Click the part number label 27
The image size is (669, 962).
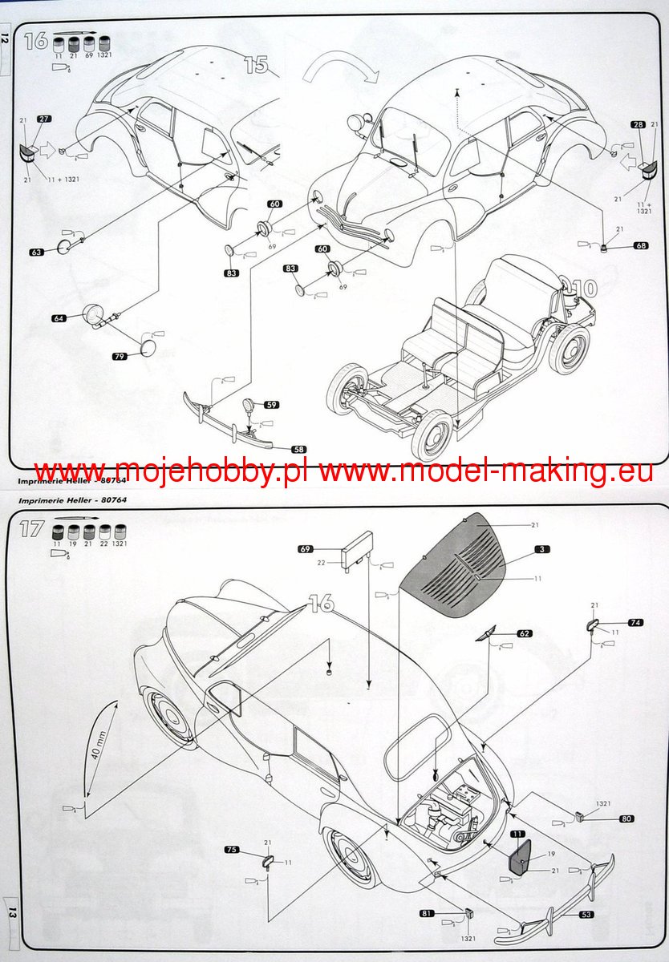point(43,119)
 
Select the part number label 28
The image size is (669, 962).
point(639,124)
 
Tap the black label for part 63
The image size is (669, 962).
point(36,252)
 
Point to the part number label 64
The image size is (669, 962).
point(59,318)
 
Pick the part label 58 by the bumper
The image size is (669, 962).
point(298,450)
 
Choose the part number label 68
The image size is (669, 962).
point(640,245)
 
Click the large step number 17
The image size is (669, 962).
point(32,530)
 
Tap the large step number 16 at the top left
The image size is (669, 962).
point(36,41)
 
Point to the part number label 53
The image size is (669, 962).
point(587,913)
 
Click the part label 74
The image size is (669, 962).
point(635,622)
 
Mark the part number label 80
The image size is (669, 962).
point(626,819)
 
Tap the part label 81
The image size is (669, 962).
point(428,913)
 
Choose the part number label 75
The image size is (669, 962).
point(232,849)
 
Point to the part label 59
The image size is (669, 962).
point(272,405)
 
